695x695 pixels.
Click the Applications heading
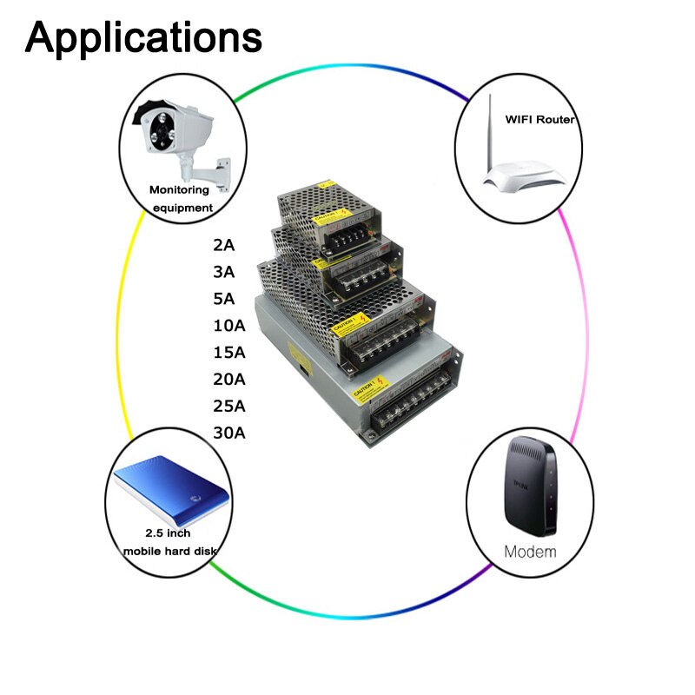[x=143, y=37]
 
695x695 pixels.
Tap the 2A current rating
[x=224, y=245]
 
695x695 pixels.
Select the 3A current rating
[x=224, y=272]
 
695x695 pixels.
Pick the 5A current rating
[x=224, y=299]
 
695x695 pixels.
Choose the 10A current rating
[x=229, y=326]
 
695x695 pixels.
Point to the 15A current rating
[x=229, y=353]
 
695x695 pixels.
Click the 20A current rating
[x=229, y=379]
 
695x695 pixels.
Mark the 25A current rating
[x=229, y=406]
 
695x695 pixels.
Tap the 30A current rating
[x=229, y=433]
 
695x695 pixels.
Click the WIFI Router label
[x=539, y=120]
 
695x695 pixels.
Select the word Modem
[x=531, y=552]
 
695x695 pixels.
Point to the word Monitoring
[x=179, y=189]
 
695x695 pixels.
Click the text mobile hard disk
[x=169, y=551]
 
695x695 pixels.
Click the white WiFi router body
[x=526, y=178]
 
